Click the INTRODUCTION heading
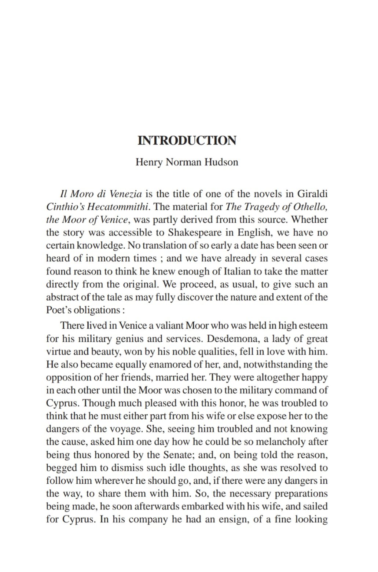[187, 140]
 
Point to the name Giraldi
[312, 194]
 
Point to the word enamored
[158, 364]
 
